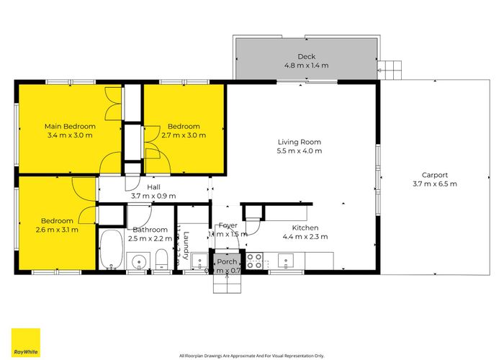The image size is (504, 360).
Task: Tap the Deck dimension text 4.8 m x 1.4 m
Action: [306, 66]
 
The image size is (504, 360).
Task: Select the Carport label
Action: [434, 174]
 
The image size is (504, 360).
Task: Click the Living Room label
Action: [299, 142]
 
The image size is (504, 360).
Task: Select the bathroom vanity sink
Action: [138, 261]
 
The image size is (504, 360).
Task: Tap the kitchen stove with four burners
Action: [254, 260]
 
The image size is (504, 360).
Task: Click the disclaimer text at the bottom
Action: [251, 355]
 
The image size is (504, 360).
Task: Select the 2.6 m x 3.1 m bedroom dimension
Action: [57, 230]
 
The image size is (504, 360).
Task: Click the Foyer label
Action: [228, 225]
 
